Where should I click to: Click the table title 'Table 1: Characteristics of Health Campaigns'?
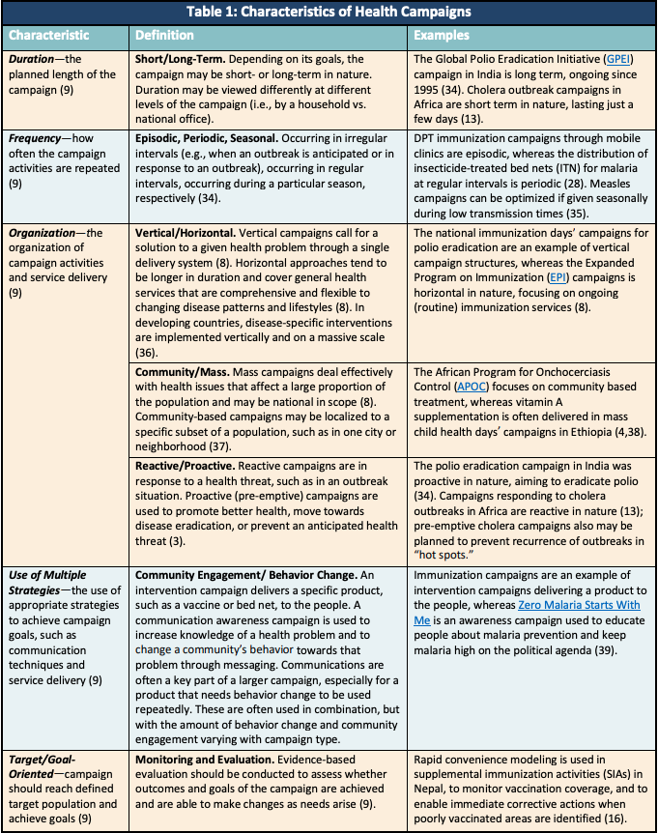(329, 13)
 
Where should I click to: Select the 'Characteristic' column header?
(49, 36)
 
